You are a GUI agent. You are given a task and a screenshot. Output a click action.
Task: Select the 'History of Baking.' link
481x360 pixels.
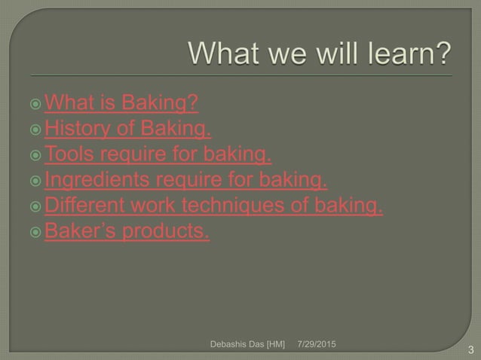pyautogui.click(x=127, y=130)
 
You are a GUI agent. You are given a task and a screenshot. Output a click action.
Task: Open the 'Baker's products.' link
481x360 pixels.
pyautogui.click(x=127, y=232)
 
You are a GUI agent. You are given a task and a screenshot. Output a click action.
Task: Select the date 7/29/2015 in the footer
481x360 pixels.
pyautogui.click(x=317, y=343)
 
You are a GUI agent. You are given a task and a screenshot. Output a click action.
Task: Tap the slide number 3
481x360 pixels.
pyautogui.click(x=470, y=349)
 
